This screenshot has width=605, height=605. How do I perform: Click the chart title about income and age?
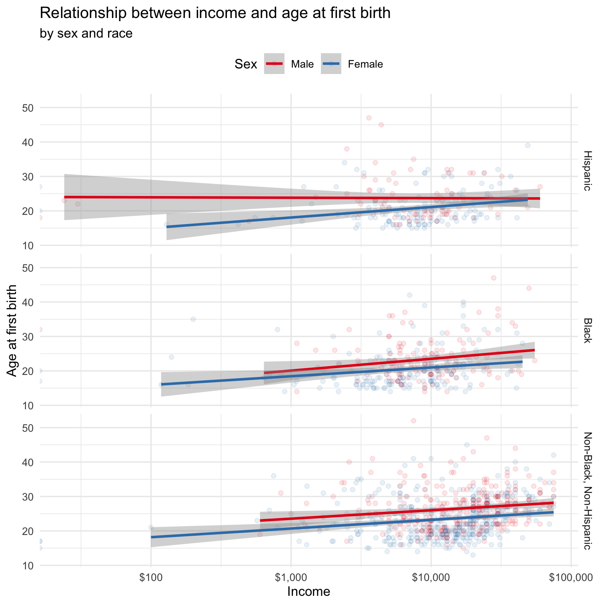tap(215, 14)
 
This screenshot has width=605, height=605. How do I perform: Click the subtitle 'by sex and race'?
tap(86, 33)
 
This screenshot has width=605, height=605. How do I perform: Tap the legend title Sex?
tap(246, 64)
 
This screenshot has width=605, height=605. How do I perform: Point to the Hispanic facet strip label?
tap(587, 170)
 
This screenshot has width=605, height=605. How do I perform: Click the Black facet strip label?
tap(587, 331)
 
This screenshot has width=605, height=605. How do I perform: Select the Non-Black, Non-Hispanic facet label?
tap(587, 491)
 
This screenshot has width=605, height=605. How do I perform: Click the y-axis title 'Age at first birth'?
tap(13, 331)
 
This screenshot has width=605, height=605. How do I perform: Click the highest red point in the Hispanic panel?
tap(369, 118)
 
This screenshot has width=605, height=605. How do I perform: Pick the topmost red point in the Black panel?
tap(493, 278)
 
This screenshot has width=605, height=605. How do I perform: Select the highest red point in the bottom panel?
tap(414, 421)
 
